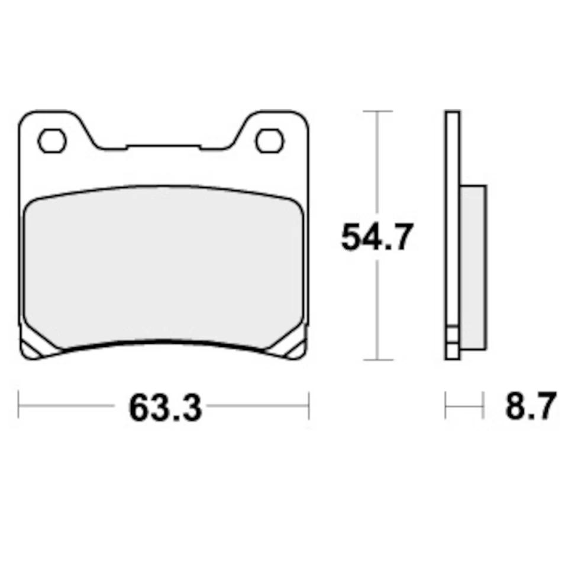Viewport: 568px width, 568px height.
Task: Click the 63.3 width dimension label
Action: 165,408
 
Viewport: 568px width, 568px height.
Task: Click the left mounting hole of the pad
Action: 51,140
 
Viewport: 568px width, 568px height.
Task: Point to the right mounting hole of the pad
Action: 269,140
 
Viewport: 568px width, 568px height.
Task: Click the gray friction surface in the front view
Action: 163,266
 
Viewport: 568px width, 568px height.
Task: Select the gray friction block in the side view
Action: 473,266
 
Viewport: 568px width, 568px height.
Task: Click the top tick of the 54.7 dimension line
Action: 377,111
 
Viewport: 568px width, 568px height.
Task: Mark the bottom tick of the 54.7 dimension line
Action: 377,359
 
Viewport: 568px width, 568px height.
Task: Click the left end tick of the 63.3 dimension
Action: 19,406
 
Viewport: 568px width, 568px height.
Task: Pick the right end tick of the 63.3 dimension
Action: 309,406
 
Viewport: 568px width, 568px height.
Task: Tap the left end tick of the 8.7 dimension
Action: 446,406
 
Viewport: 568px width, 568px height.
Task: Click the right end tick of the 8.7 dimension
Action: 484,406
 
